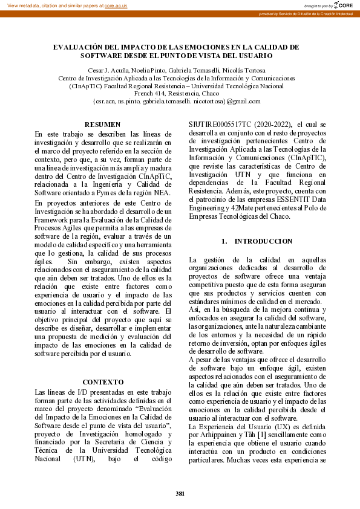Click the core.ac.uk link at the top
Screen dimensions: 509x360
coord(116,5)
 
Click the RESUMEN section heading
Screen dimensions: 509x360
coord(102,125)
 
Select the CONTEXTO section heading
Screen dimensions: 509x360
coord(102,382)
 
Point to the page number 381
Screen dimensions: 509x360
coord(180,494)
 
